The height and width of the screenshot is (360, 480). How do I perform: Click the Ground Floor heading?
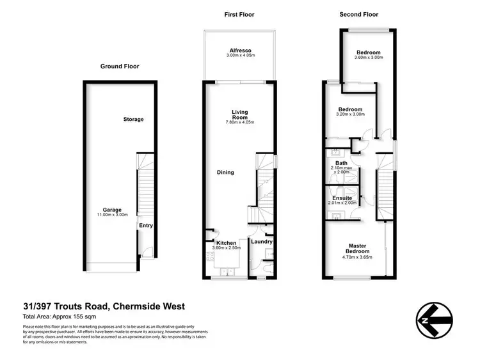(x=120, y=66)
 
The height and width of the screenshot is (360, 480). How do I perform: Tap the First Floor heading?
(x=239, y=14)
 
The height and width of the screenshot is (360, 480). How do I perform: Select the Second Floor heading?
(x=359, y=14)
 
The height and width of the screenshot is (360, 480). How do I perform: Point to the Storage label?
(x=134, y=120)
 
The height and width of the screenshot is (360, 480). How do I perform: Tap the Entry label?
(x=146, y=225)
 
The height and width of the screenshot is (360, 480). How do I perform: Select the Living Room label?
(x=239, y=115)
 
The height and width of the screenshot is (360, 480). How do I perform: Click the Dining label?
(x=225, y=172)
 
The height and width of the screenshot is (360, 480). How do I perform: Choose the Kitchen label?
(x=226, y=243)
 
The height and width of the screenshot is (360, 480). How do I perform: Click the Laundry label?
(x=262, y=242)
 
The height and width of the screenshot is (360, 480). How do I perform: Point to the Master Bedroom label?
(x=356, y=249)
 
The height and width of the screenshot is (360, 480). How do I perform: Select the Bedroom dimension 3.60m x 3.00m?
(x=368, y=58)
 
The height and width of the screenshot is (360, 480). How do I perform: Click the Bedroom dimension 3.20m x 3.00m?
(x=351, y=114)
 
